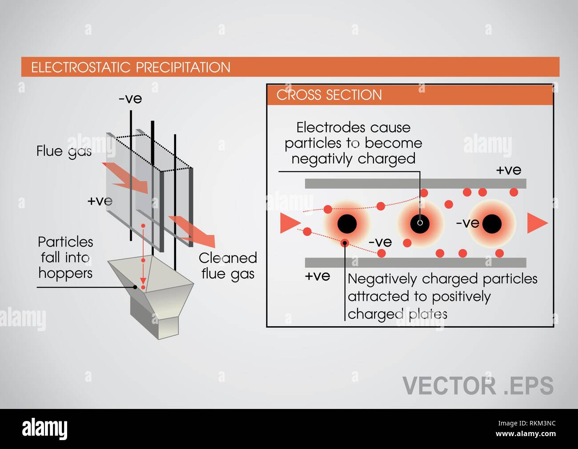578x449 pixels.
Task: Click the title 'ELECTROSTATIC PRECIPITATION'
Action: (x=131, y=67)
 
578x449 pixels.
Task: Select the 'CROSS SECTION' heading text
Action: (x=329, y=95)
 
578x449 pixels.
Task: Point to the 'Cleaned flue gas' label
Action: (x=228, y=266)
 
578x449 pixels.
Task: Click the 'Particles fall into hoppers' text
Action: (x=65, y=258)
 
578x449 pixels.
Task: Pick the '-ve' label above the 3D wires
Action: (x=130, y=99)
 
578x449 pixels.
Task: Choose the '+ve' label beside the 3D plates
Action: (x=100, y=201)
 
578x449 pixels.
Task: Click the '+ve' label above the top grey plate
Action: (x=509, y=170)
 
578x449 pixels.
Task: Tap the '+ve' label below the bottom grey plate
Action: (x=317, y=276)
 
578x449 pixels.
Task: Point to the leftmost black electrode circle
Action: (x=347, y=224)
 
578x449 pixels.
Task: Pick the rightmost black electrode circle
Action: (x=492, y=224)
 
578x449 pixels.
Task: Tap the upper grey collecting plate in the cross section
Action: (x=415, y=184)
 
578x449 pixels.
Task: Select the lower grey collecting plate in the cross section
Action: (x=415, y=263)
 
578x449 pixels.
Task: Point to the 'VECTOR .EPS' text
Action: (x=478, y=386)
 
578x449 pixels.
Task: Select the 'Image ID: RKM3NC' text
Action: (x=527, y=423)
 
